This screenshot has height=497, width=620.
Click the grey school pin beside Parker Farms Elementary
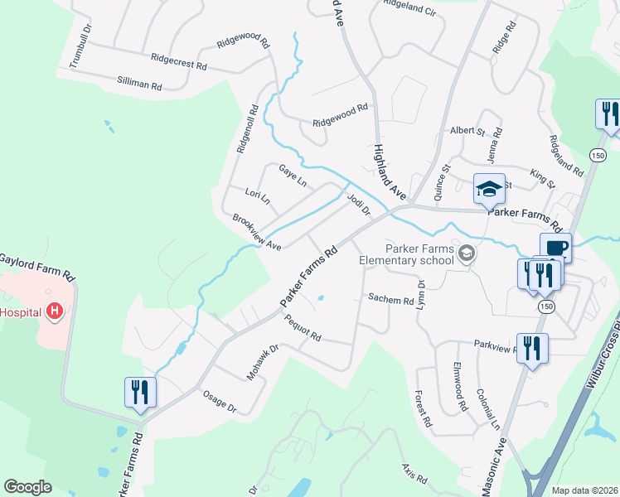coord(467,253)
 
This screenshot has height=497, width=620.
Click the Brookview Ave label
coord(256,233)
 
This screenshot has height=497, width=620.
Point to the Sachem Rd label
coord(390,300)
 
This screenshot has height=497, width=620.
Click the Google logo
coord(28,487)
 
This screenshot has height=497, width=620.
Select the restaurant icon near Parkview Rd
coord(530,347)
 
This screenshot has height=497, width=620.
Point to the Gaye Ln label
coord(293,174)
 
